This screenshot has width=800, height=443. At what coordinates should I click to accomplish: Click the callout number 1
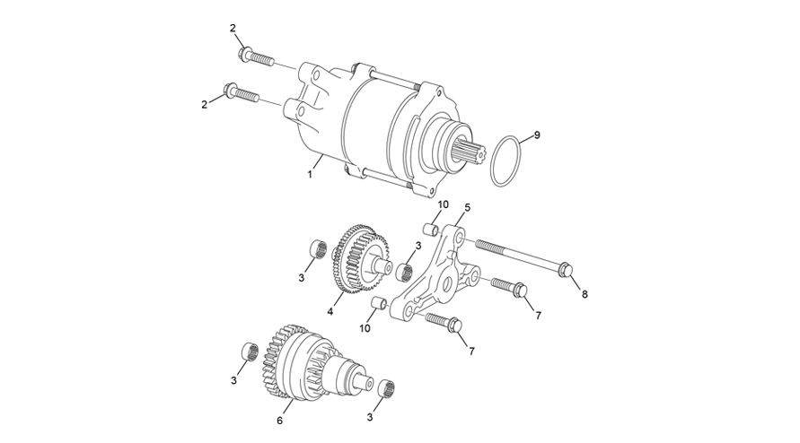tap(310, 175)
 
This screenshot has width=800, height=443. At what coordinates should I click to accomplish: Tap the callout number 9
tap(536, 135)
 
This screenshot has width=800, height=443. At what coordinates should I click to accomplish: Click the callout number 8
tap(585, 294)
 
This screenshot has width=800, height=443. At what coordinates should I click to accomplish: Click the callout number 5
tap(468, 207)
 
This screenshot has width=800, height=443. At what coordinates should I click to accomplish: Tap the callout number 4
tap(330, 311)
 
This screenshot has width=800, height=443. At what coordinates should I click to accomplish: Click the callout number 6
tap(279, 421)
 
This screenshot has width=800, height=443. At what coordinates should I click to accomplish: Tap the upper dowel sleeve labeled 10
tap(431, 228)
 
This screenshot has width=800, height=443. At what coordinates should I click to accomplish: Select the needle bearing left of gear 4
tap(319, 249)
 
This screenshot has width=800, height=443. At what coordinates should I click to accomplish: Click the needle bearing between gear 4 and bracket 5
tap(405, 271)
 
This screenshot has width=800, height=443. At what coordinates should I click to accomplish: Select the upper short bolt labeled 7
tap(509, 288)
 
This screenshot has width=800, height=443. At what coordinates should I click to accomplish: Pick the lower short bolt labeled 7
tap(444, 322)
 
